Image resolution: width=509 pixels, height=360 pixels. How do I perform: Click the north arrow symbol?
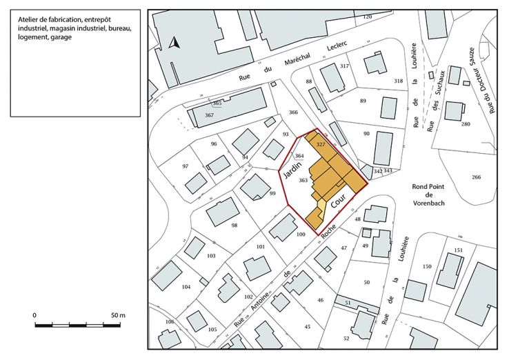175,43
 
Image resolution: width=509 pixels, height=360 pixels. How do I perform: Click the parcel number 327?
320,145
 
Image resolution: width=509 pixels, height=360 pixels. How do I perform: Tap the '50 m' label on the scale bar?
118,314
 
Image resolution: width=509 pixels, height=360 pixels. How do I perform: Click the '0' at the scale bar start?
35,314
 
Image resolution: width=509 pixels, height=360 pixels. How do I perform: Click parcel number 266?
476,177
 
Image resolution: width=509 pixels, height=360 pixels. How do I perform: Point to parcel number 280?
466,124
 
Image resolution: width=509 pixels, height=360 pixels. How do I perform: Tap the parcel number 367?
209,114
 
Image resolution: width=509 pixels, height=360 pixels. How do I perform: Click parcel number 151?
459,250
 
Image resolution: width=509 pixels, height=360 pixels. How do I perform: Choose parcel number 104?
186,286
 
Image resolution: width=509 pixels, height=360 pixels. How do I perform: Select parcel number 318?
398,81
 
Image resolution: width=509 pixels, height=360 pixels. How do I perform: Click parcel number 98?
234,226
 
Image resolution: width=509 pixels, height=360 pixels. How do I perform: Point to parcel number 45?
308,326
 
